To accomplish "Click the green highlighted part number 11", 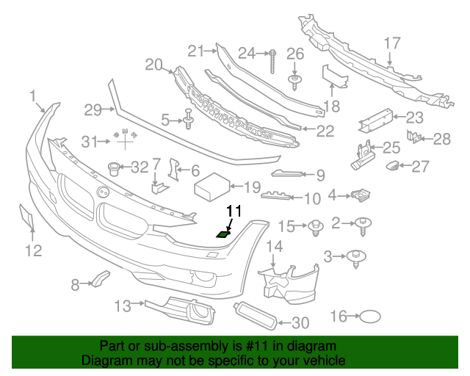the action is [x=223, y=234].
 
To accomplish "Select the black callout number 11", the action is [x=234, y=211].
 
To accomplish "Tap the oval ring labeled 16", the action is [x=370, y=317].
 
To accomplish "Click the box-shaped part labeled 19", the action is [x=211, y=187].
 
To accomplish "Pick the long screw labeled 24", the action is [x=272, y=62].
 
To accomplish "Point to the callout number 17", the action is [x=391, y=43].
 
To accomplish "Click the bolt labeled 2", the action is [x=363, y=226].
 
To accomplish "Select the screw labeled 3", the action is [x=356, y=258].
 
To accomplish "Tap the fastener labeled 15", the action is [x=316, y=228].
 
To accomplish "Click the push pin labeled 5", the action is [x=188, y=119].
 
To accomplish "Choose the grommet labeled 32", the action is [x=114, y=168].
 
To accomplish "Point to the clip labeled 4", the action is [x=361, y=195].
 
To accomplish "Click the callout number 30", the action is [x=300, y=322].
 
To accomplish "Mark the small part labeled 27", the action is [x=392, y=166].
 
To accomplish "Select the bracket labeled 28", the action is [x=414, y=137].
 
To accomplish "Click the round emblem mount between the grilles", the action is [x=103, y=192].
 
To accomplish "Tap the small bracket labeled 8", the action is [x=101, y=279].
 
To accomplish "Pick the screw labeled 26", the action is [x=294, y=82].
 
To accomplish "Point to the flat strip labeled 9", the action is [x=287, y=173].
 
